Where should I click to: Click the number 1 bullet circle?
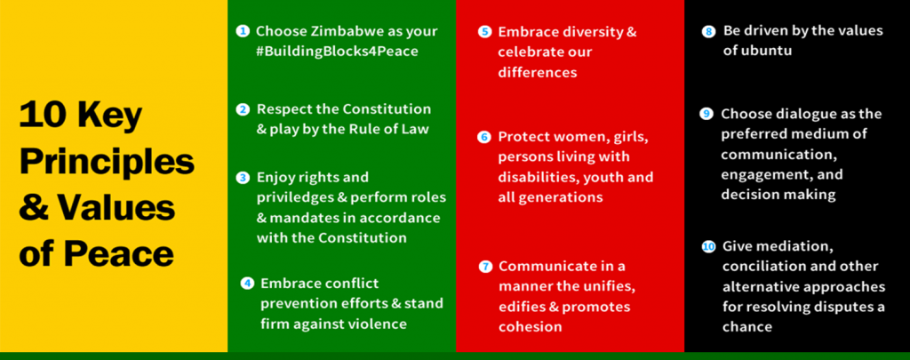pyautogui.click(x=243, y=31)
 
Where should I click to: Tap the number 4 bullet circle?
pyautogui.click(x=247, y=284)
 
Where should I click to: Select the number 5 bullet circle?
pyautogui.click(x=484, y=32)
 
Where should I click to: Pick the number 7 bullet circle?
pyautogui.click(x=485, y=267)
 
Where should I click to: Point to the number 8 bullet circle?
pyautogui.click(x=708, y=31)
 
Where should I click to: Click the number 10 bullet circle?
pyautogui.click(x=708, y=247)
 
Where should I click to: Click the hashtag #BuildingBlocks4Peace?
pyautogui.click(x=337, y=52)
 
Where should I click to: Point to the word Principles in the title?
pyautogui.click(x=107, y=162)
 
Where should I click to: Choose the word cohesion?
pyautogui.click(x=530, y=327)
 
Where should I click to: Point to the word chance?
pyautogui.click(x=746, y=327)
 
